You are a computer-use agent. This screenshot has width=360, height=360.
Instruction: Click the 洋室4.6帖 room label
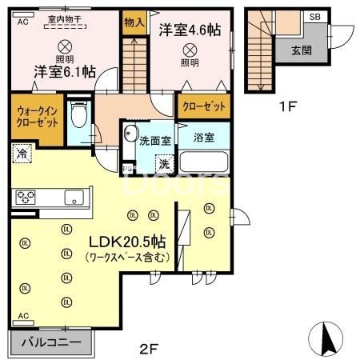(x=190, y=30)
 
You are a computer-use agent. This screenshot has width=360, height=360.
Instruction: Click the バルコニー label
(x=50, y=342)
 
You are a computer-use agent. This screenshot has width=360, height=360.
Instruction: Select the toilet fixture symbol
(x=78, y=118)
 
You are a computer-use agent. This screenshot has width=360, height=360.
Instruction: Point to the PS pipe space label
(x=127, y=169)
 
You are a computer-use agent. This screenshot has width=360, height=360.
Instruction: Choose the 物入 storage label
(x=134, y=23)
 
